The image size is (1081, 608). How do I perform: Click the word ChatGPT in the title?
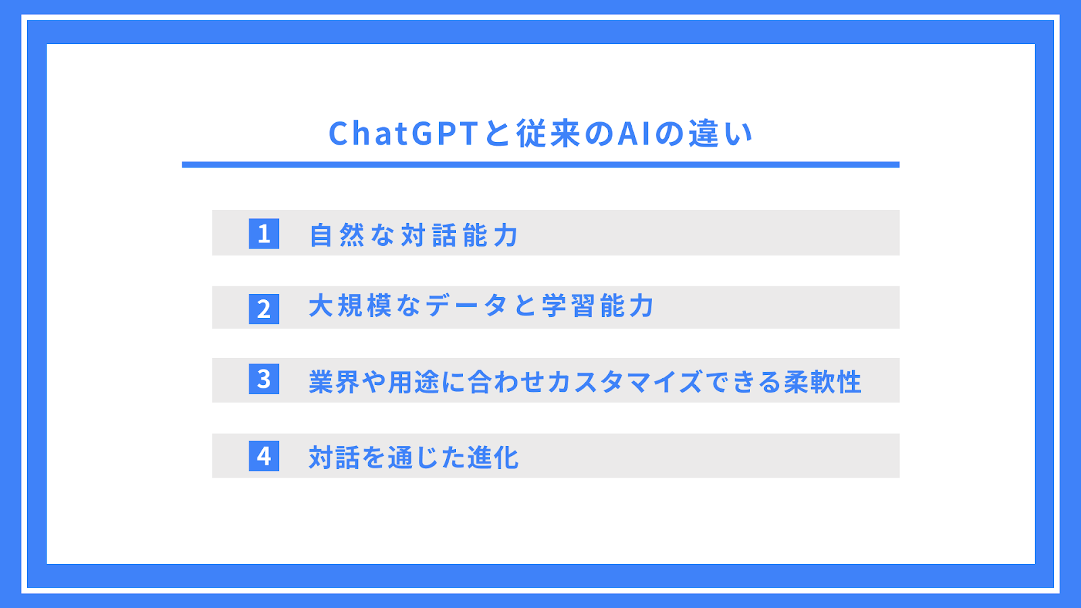[x=403, y=134]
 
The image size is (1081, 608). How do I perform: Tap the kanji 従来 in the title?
[x=548, y=134]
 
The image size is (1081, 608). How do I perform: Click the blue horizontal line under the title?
[x=540, y=165]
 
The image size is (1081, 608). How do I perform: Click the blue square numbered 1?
[x=264, y=234]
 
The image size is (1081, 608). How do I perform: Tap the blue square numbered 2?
[x=264, y=309]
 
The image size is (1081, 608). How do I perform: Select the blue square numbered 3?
[x=264, y=379]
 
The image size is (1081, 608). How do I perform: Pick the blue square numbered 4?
[x=264, y=456]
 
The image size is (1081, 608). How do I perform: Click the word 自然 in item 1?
[x=337, y=235]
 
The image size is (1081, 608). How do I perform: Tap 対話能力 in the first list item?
[x=459, y=235]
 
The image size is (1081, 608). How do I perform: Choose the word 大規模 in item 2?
[x=350, y=305]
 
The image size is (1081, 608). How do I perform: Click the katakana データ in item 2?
[x=466, y=305]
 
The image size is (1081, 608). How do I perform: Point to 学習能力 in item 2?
[x=597, y=305]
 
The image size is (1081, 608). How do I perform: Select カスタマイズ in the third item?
[x=624, y=382]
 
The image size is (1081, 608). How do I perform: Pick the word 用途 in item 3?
[x=413, y=382]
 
